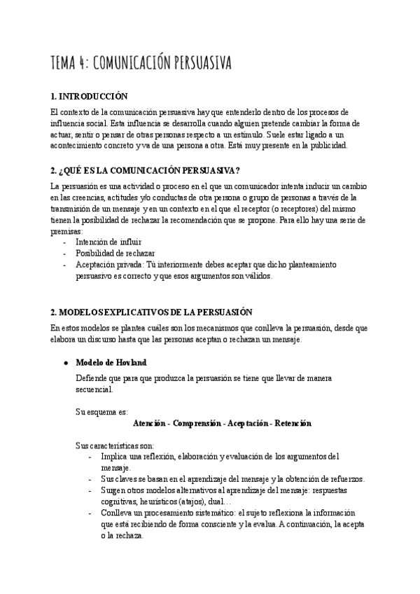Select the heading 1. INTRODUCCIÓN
90,96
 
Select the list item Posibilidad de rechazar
115,253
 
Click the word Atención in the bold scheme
148,423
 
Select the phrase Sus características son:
115,445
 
